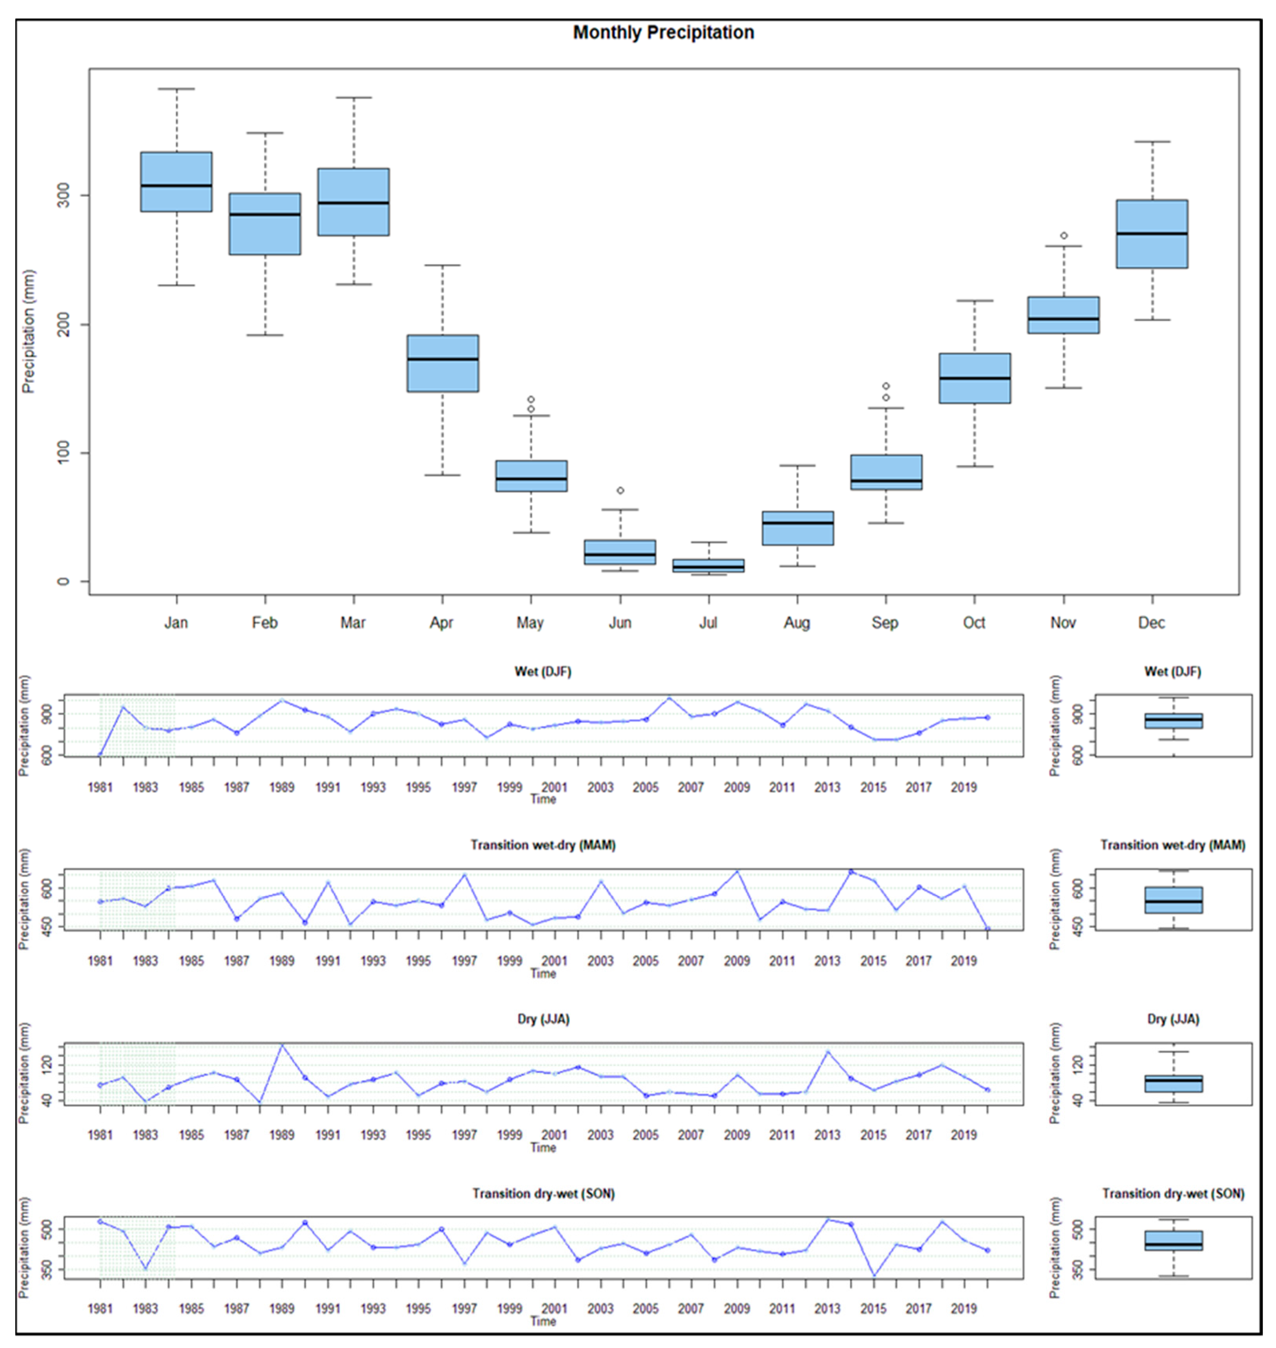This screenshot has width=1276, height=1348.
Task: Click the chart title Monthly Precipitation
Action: (663, 32)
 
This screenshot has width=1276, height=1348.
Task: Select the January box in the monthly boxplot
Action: (176, 182)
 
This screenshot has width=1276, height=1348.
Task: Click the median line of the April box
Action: (443, 359)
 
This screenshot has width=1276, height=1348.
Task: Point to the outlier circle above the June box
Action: (620, 490)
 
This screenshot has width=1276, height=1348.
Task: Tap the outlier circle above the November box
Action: (1064, 236)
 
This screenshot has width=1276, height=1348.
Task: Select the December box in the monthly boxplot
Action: (1152, 234)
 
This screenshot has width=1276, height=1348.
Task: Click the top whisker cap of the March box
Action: (354, 98)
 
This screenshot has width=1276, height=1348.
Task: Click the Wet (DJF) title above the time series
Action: (543, 672)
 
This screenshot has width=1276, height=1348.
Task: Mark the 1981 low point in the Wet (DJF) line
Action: (100, 754)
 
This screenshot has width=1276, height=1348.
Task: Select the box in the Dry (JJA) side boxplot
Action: (1173, 1083)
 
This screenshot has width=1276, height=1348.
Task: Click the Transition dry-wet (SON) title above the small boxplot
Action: (1173, 1194)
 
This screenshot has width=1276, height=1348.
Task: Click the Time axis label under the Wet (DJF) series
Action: (543, 799)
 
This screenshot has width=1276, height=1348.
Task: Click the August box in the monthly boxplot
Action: (797, 528)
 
